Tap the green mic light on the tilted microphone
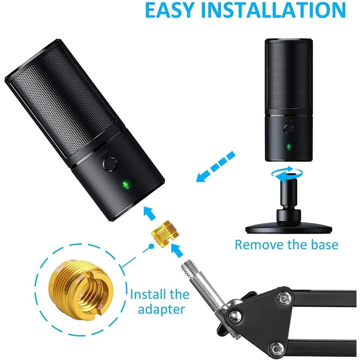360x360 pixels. click(x=125, y=184)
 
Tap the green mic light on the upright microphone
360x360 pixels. click(x=289, y=147)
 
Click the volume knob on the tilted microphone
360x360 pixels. click(x=110, y=164)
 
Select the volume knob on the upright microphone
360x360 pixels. click(x=288, y=129)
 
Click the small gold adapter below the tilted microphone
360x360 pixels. click(x=165, y=234)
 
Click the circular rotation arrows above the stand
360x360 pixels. click(x=287, y=174)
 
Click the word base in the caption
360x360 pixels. click(x=324, y=244)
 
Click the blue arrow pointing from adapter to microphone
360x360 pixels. click(x=150, y=213)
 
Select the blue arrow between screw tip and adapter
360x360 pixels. click(x=177, y=250)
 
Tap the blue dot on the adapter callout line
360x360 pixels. click(x=151, y=246)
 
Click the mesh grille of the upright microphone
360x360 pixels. click(x=289, y=76)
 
